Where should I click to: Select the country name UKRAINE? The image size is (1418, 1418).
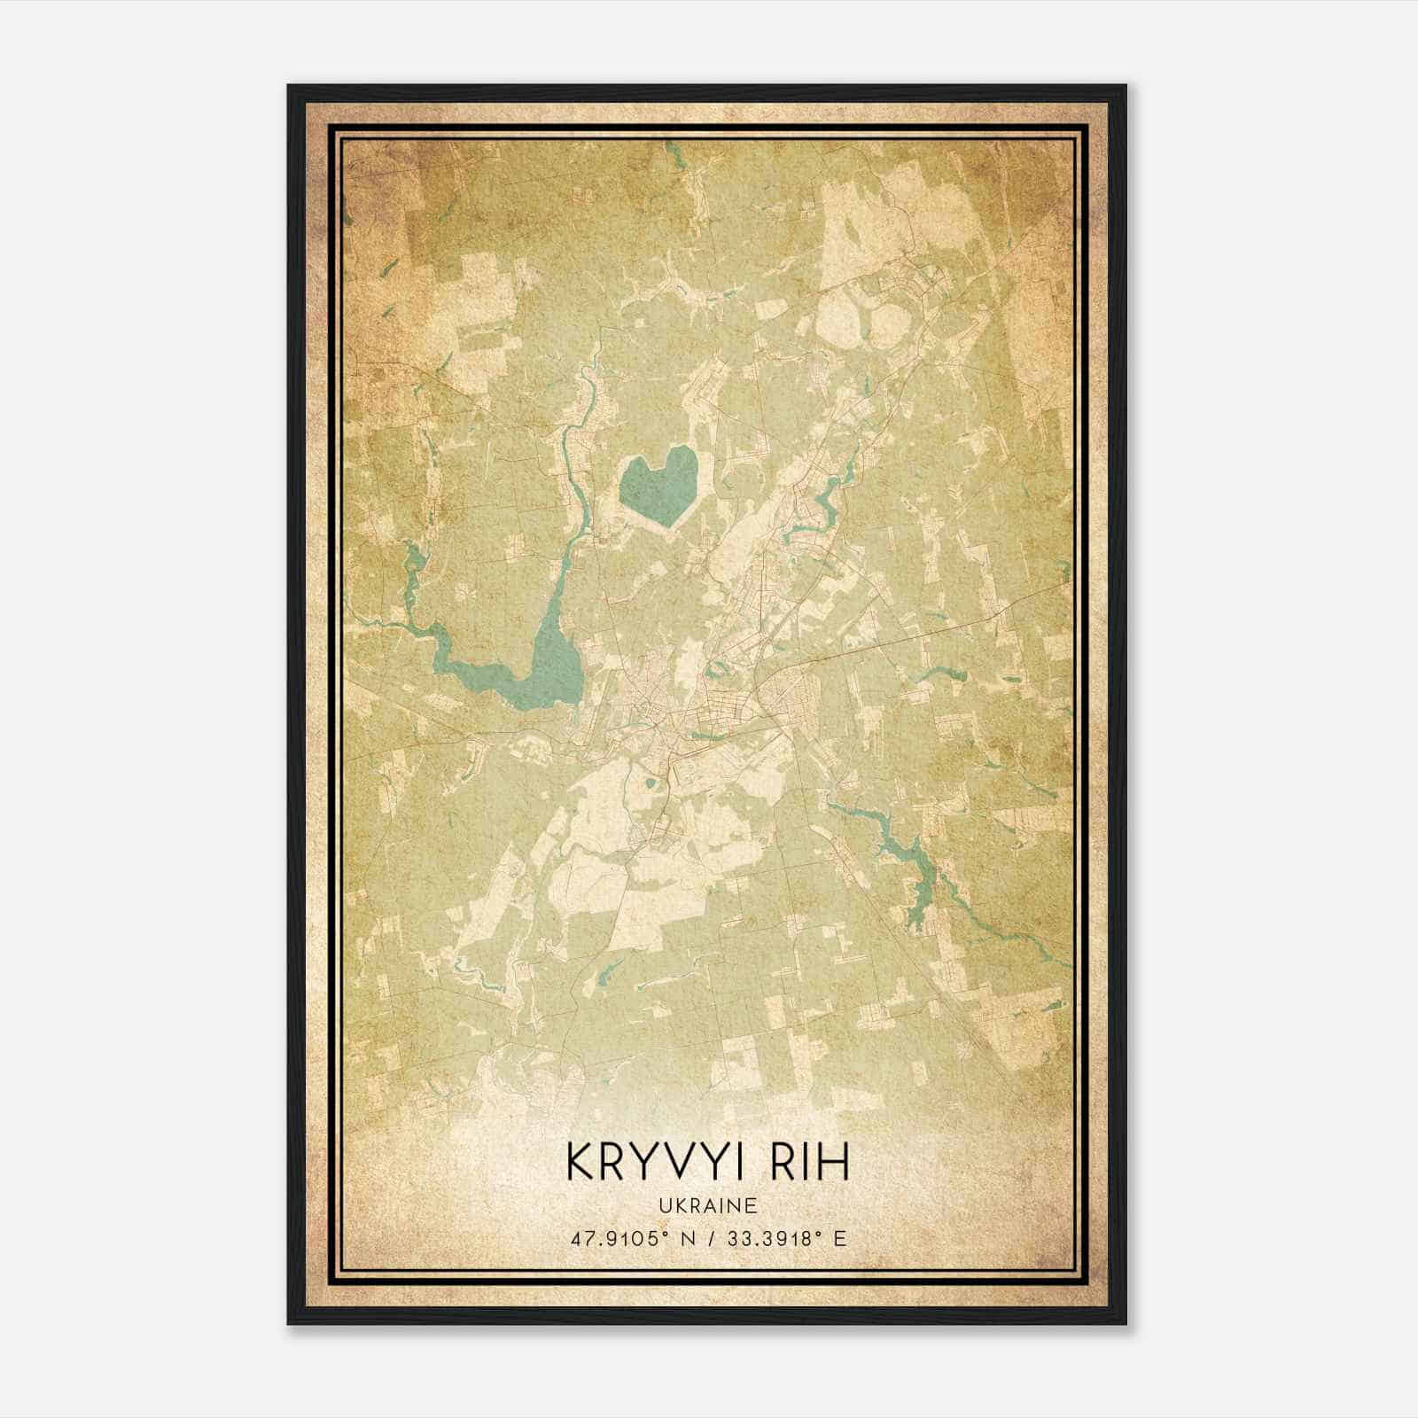[x=707, y=1205]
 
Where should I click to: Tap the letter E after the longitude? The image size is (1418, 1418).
[x=840, y=1238]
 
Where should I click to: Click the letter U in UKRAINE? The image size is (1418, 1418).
[x=663, y=1205]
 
